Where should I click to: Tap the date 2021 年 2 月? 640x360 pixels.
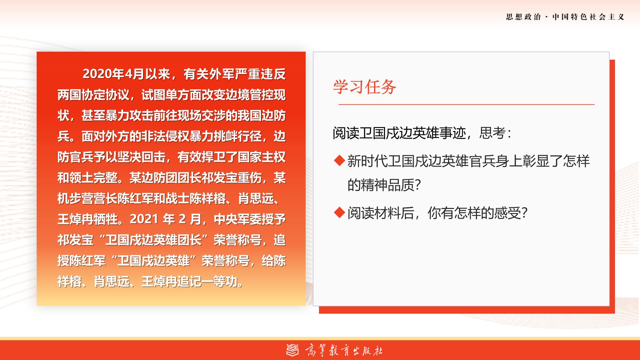[x=165, y=219]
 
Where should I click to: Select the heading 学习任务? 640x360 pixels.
[x=365, y=87]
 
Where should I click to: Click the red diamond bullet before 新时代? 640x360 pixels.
[x=339, y=161]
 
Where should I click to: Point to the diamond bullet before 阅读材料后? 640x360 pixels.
[x=339, y=213]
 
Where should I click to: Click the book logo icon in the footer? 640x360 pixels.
[x=293, y=350]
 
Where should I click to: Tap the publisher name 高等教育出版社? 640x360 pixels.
[x=344, y=350]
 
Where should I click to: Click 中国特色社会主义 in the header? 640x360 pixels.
[x=588, y=17]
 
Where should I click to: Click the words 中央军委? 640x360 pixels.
[x=238, y=219]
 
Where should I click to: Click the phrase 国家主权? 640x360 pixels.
[x=262, y=157]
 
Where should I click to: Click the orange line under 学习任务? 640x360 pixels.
[x=467, y=104]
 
